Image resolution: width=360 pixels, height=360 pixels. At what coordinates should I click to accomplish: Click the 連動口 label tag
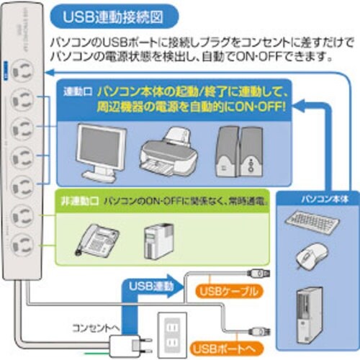[x=76, y=93]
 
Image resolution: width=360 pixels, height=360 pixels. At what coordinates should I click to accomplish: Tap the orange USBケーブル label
[x=223, y=292]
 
